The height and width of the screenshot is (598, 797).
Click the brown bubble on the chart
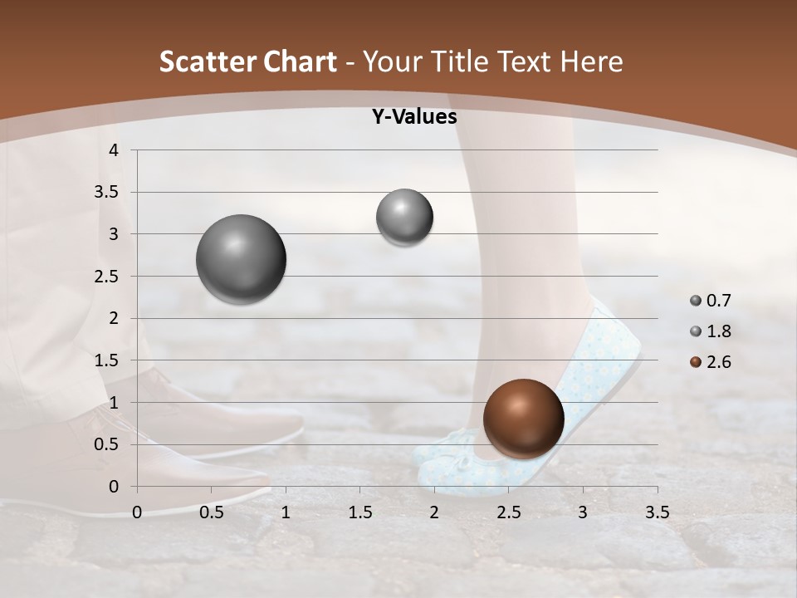pos(523,419)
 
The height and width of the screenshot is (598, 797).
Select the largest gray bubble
pos(241,259)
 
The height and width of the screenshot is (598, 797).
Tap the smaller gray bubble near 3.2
pos(404,217)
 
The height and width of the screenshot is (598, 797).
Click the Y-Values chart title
pos(413,117)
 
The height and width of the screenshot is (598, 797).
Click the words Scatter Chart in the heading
pos(247,61)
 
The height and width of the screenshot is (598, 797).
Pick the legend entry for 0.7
pos(710,301)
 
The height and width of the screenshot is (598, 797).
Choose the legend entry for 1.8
pos(710,331)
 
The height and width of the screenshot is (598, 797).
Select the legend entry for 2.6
pos(710,362)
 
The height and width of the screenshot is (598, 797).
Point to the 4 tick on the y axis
pos(115,150)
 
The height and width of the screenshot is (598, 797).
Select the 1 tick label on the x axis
pos(286,512)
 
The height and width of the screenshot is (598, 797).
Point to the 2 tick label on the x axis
pos(434,512)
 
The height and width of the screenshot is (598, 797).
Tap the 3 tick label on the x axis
pos(583,512)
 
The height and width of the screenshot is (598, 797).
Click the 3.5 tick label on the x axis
pos(657,512)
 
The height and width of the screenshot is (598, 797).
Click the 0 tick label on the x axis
pos(137,512)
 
